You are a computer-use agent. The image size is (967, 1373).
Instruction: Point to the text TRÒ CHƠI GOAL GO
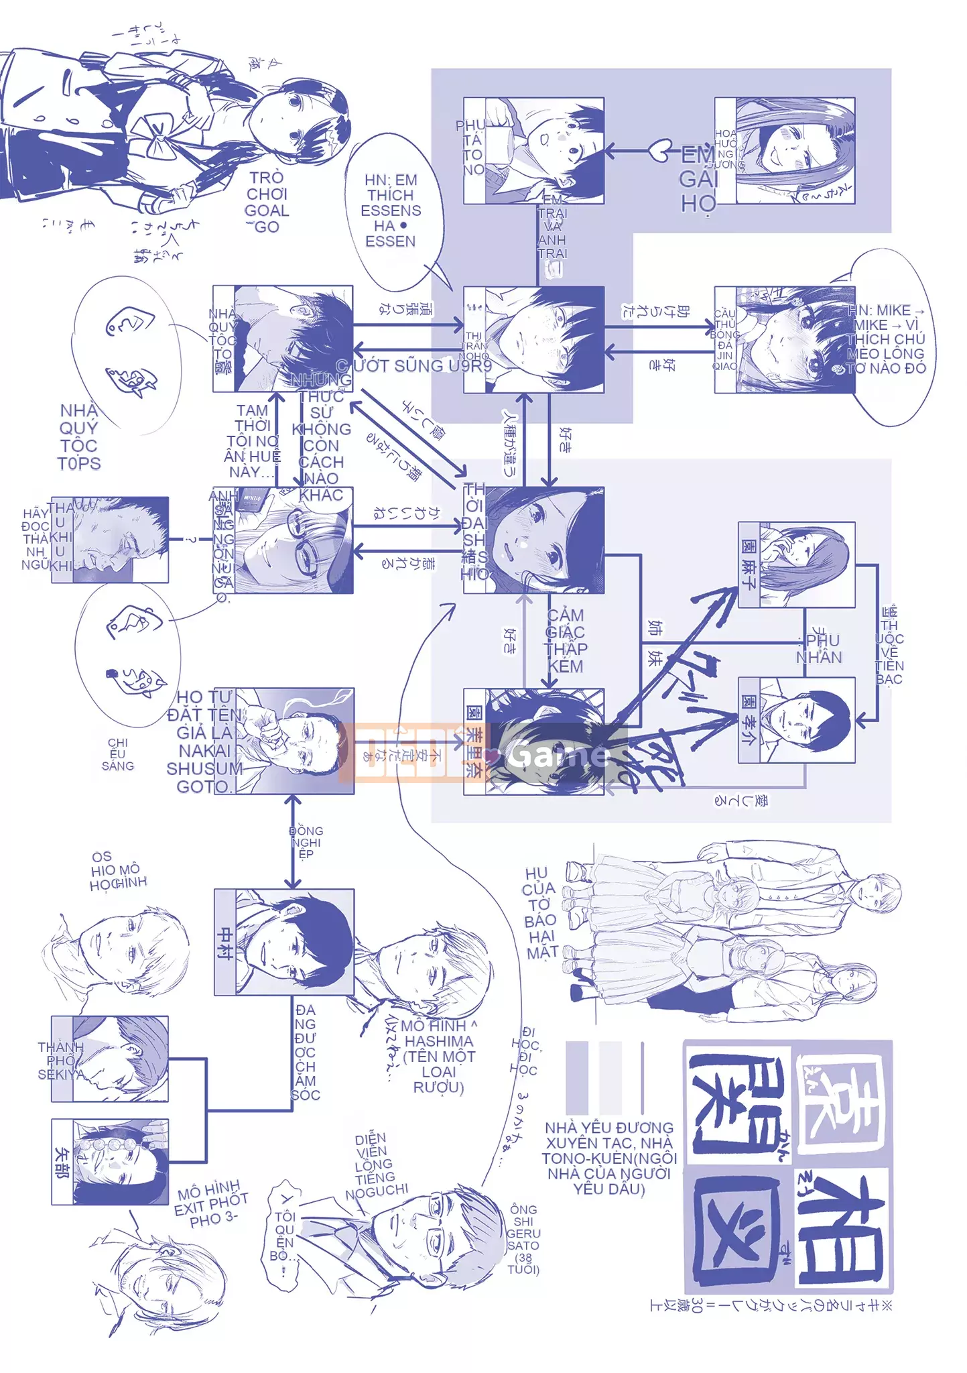click(x=266, y=202)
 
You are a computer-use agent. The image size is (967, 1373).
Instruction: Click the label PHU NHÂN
click(x=818, y=648)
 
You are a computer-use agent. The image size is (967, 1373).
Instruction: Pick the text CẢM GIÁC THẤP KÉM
click(x=566, y=640)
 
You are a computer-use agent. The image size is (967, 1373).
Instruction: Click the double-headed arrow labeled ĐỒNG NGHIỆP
click(x=292, y=841)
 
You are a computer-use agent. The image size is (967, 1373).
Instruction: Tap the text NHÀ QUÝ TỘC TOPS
click(x=79, y=436)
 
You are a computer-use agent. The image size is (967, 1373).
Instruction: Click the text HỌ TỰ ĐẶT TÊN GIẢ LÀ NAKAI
click(x=204, y=741)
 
